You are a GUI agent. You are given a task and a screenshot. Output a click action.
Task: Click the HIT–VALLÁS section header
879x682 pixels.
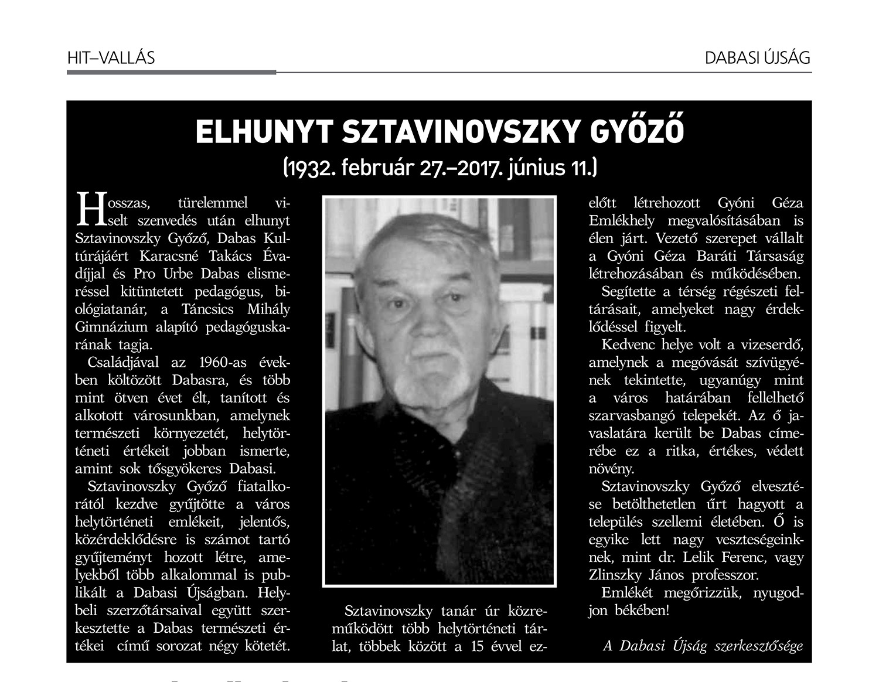(x=111, y=57)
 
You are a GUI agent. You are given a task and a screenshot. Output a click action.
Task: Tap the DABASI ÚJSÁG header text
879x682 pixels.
(x=757, y=57)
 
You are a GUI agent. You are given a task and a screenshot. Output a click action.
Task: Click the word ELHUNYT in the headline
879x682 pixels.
(x=263, y=132)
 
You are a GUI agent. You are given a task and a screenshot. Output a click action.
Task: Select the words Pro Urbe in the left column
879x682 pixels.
(x=165, y=274)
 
